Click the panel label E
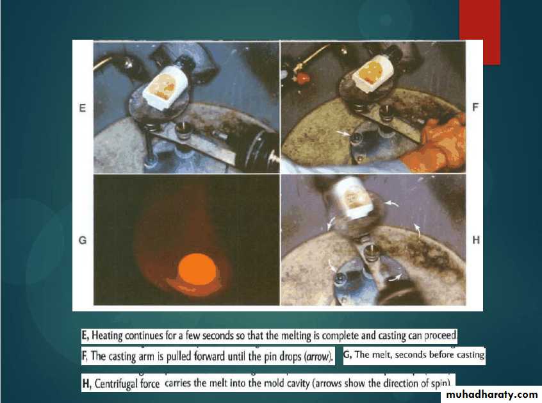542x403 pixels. click(82, 108)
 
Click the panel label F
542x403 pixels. click(475, 108)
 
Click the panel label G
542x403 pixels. click(83, 240)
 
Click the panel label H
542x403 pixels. click(476, 240)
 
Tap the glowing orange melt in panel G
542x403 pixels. click(197, 270)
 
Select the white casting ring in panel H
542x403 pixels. click(352, 197)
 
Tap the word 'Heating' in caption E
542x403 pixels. click(107, 336)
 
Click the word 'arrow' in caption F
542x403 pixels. click(318, 357)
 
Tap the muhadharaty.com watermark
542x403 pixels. click(492, 395)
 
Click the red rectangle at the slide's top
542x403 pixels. click(480, 32)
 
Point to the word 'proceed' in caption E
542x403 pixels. click(440, 336)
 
